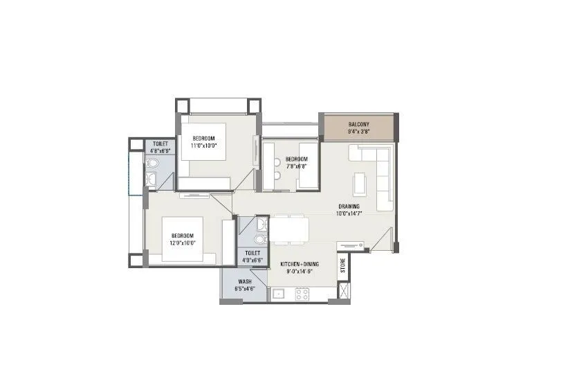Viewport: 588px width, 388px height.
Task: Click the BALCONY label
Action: tap(358, 125)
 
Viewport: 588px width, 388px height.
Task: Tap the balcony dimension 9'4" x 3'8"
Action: tap(358, 132)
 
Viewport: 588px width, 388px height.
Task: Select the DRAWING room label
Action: tap(348, 206)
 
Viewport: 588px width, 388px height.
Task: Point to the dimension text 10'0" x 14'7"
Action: tap(349, 213)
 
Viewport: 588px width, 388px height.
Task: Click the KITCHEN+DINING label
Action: tap(299, 265)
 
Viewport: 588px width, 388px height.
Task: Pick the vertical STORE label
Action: tap(342, 265)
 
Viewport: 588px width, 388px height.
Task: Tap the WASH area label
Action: tap(245, 281)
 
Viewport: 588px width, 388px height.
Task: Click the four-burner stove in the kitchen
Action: tap(302, 294)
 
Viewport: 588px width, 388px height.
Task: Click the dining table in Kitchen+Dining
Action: tap(289, 229)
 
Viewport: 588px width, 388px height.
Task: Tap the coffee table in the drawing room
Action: tap(358, 183)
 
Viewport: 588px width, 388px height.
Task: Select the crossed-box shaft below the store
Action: tap(342, 290)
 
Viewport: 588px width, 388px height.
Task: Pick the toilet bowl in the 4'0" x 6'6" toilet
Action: tap(259, 239)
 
